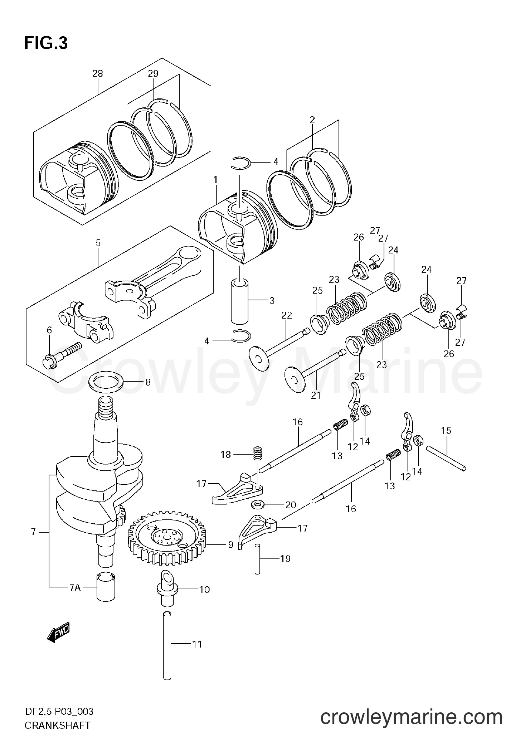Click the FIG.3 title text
[x=46, y=43]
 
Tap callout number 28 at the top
[x=97, y=74]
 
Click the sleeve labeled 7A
[x=106, y=588]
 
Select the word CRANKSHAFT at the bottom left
[x=57, y=736]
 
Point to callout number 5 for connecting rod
[x=98, y=243]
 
